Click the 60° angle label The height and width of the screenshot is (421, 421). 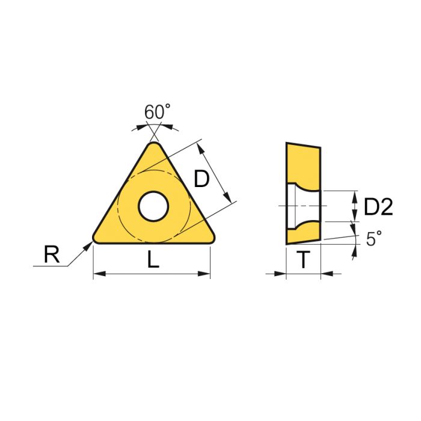click(157, 112)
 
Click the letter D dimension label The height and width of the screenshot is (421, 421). click(201, 179)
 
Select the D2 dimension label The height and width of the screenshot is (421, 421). click(378, 207)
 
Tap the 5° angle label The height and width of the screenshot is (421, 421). click(373, 239)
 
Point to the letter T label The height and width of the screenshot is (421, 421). click(304, 260)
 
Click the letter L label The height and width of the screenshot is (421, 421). click(153, 260)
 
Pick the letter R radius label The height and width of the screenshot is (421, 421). click(52, 256)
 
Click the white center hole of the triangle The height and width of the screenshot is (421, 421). click(153, 206)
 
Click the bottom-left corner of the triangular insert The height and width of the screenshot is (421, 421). click(96, 238)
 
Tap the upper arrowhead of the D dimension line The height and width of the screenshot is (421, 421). click(202, 147)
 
